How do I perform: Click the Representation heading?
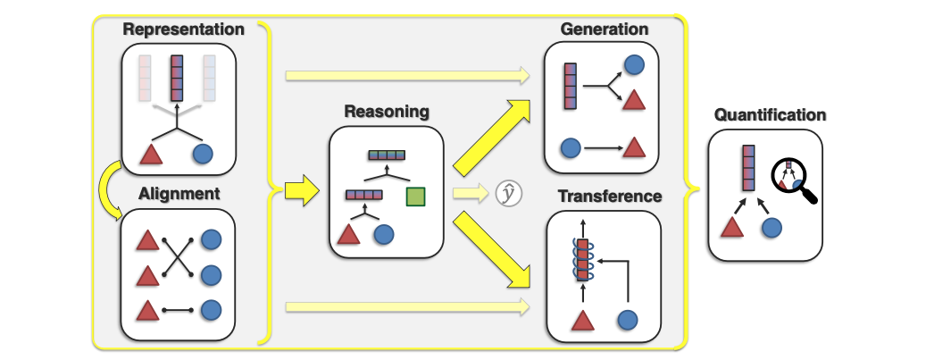point(183,29)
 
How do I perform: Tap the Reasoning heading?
point(386,113)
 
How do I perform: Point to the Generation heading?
point(604,29)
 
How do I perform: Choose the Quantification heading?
point(770,114)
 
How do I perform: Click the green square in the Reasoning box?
point(415,197)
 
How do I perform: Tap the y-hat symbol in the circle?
point(508,193)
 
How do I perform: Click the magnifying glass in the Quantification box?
point(794,179)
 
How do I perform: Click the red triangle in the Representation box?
point(150,155)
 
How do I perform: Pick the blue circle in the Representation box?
point(203,155)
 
